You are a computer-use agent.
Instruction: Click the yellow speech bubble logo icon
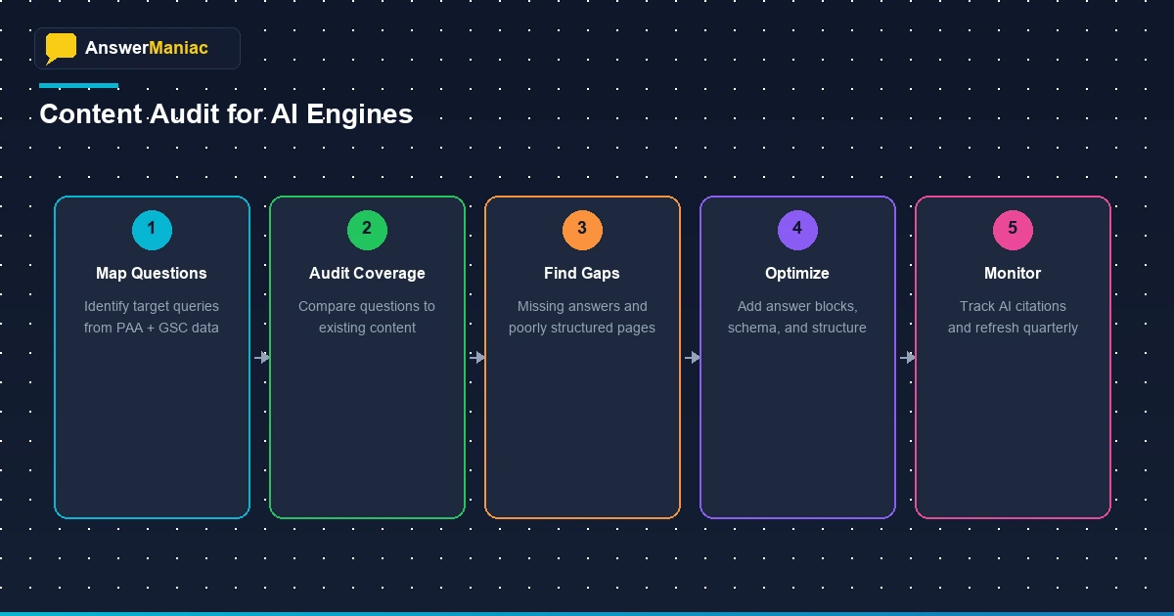tap(61, 47)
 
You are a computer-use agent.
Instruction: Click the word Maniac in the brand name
tap(178, 47)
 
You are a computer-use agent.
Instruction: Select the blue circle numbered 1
tap(152, 229)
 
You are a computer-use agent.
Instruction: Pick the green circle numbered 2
tap(367, 229)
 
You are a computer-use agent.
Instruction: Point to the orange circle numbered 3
tap(582, 229)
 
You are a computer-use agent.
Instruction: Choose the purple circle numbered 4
tap(797, 229)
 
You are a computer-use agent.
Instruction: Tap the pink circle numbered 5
tap(1013, 229)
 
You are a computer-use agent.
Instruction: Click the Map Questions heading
tap(152, 274)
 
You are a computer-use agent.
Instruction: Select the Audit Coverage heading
tap(367, 274)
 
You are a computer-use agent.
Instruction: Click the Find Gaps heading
tap(582, 274)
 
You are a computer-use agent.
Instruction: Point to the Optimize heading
tap(797, 274)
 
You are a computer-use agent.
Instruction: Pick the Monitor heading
tap(1013, 274)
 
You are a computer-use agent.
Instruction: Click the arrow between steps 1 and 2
tap(261, 358)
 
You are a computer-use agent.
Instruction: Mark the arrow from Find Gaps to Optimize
tap(692, 358)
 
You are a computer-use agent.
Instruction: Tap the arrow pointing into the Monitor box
tap(907, 358)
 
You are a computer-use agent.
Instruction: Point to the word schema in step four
tap(750, 329)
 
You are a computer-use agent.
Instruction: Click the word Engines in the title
tap(360, 114)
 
